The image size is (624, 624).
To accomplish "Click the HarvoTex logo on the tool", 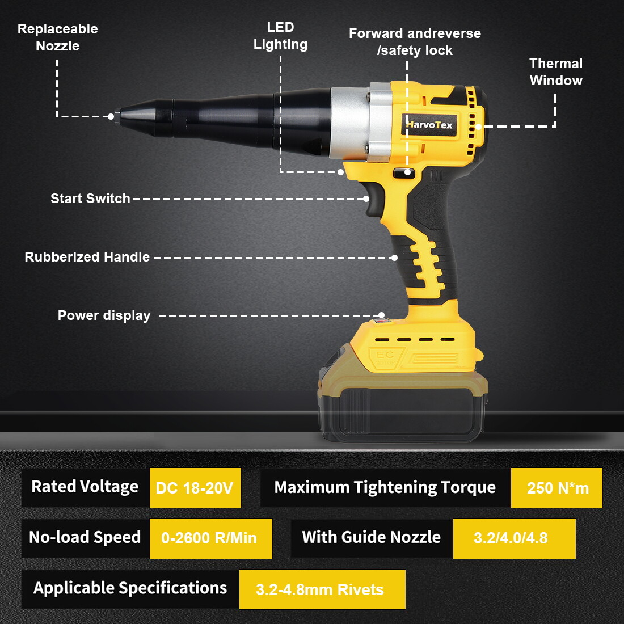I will pyautogui.click(x=429, y=125).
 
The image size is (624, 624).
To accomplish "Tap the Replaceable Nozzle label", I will pyautogui.click(x=57, y=37).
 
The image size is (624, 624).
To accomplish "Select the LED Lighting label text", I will pyautogui.click(x=280, y=36).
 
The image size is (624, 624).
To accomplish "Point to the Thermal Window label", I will pyautogui.click(x=556, y=72).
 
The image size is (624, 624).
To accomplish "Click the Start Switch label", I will pyautogui.click(x=90, y=199).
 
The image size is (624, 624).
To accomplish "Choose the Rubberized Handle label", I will pyautogui.click(x=87, y=257).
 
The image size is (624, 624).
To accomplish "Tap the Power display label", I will pyautogui.click(x=104, y=315).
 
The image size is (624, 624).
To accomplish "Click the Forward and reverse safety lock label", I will pyautogui.click(x=415, y=42).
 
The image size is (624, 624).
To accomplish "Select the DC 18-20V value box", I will pyautogui.click(x=195, y=488).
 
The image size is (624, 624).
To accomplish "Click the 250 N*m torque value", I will pyautogui.click(x=556, y=488).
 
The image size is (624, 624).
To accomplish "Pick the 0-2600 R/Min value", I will pyautogui.click(x=210, y=538).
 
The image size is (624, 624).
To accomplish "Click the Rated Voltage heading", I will pyautogui.click(x=85, y=487).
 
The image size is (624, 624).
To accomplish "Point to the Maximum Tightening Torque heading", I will pyautogui.click(x=385, y=487).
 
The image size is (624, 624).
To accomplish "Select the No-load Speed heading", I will pyautogui.click(x=85, y=538).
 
